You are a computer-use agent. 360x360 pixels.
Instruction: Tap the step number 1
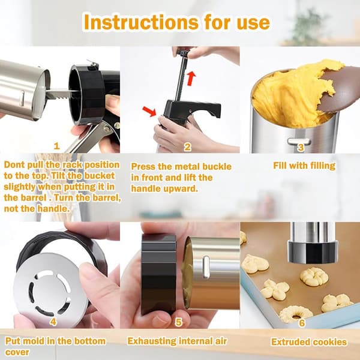click(x=56, y=146)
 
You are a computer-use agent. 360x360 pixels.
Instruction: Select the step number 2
click(x=188, y=147)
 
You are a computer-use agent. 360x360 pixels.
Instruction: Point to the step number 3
click(x=301, y=148)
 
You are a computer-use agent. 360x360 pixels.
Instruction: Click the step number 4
click(x=53, y=322)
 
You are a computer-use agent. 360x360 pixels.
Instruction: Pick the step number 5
click(x=179, y=322)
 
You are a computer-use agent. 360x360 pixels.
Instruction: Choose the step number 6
click(x=302, y=323)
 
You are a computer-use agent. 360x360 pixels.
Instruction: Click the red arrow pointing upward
click(x=191, y=79)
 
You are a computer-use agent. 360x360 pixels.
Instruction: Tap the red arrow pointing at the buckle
click(x=149, y=111)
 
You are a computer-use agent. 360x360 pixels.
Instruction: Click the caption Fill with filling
click(x=304, y=166)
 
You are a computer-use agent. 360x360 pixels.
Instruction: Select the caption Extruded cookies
click(x=309, y=342)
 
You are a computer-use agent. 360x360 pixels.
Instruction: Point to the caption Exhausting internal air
click(x=177, y=341)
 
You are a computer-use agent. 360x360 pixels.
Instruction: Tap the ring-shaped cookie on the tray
click(x=296, y=314)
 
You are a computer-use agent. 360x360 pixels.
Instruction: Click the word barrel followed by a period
click(x=34, y=197)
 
